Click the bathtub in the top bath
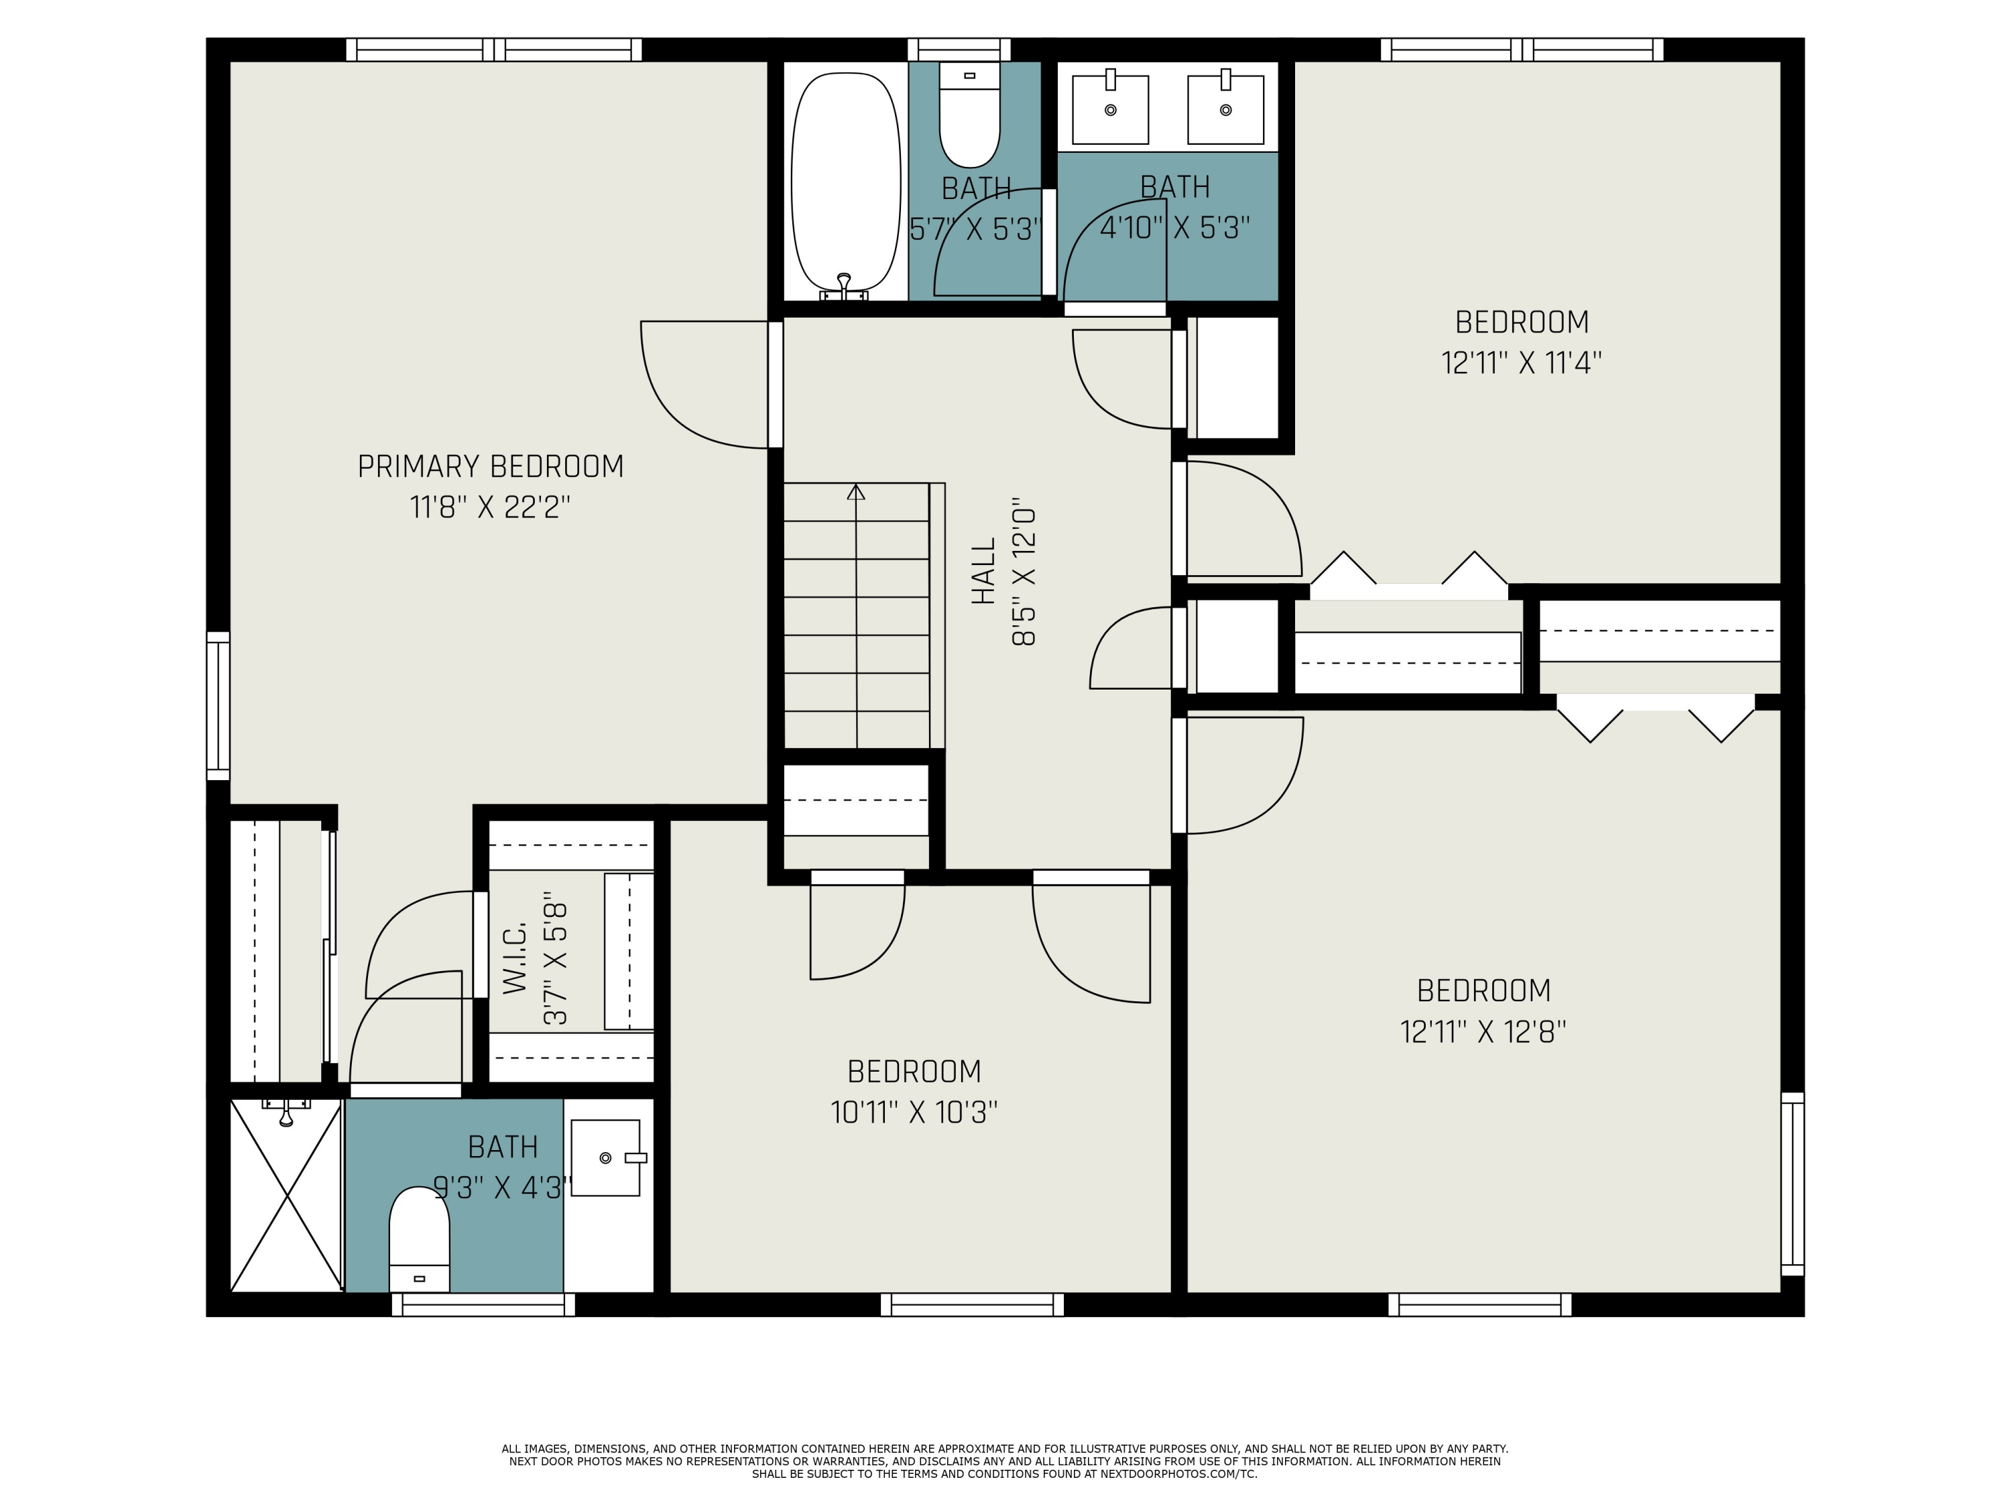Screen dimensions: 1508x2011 [845, 182]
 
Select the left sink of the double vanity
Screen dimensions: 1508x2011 [1110, 110]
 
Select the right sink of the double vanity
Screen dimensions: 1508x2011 [1225, 110]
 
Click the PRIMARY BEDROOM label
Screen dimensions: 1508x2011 [490, 467]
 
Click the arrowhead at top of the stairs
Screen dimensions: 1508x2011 [855, 492]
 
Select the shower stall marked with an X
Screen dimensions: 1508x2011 [286, 1195]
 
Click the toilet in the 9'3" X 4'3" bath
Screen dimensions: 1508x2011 [419, 1241]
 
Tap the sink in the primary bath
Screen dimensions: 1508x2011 [605, 1157]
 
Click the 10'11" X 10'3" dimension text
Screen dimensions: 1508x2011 [914, 1113]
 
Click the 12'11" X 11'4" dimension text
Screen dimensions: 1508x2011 [1521, 363]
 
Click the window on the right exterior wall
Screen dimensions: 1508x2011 [1791, 1184]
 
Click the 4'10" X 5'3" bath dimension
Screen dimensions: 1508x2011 [1174, 227]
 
